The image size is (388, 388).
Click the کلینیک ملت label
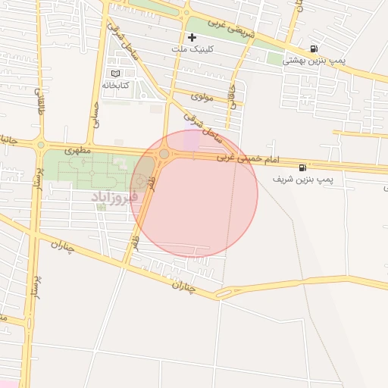tap(215, 48)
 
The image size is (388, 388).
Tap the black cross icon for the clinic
tap(192, 36)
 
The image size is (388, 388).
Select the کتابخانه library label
tap(115, 85)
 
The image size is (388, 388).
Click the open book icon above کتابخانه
tap(115, 74)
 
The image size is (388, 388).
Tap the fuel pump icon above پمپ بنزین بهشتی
tap(314, 48)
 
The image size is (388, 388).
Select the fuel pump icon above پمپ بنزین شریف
tap(303, 167)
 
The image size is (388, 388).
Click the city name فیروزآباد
tap(114, 197)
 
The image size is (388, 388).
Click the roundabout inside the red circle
tap(164, 155)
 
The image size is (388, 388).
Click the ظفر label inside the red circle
tap(152, 182)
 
